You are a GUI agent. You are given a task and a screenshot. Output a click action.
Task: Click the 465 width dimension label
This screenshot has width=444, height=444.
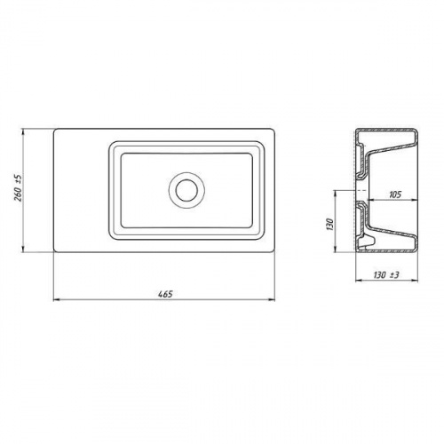[165, 294]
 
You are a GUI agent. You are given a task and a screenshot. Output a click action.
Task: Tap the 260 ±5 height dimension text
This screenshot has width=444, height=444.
[19, 188]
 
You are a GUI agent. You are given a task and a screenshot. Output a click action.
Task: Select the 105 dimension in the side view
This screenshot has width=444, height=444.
[395, 194]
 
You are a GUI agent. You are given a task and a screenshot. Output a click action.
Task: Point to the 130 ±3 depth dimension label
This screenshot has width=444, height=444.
[386, 275]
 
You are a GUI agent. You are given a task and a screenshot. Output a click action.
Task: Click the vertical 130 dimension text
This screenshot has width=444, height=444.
[330, 225]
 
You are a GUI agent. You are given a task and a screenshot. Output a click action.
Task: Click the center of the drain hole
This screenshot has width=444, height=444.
[186, 190]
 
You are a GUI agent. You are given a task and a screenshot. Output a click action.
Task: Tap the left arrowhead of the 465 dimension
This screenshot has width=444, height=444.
[57, 300]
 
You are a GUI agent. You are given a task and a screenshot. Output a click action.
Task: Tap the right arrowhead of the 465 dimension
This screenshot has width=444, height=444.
[272, 300]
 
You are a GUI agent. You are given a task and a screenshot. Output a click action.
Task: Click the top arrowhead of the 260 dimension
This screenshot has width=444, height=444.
[24, 132]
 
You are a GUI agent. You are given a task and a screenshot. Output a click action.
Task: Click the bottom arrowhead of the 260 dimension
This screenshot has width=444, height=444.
[24, 249]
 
